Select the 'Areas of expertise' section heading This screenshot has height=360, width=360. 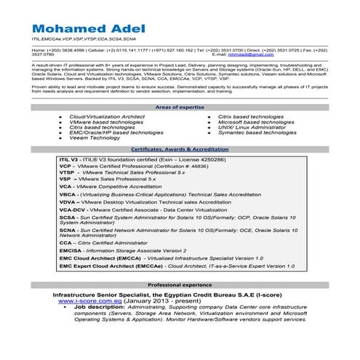[x=179, y=107]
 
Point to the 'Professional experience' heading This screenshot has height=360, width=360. [x=180, y=284]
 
